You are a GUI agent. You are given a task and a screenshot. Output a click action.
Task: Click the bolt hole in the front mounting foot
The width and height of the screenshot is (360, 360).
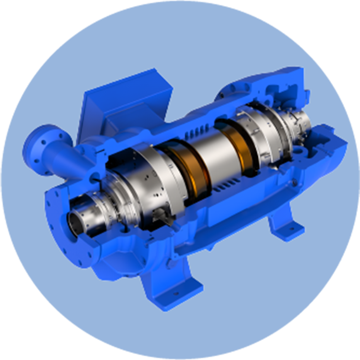pos(176,294)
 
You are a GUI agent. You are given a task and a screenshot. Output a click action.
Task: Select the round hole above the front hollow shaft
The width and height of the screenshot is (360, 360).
pos(94,177)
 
